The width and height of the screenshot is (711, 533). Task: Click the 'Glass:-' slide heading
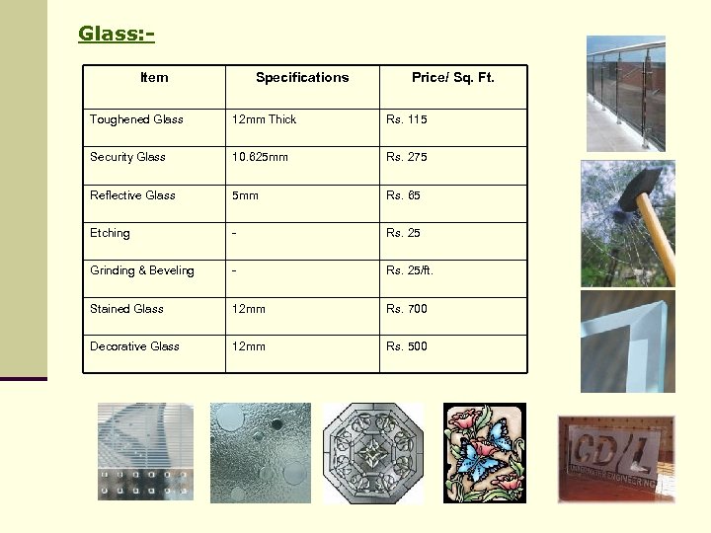[x=117, y=35]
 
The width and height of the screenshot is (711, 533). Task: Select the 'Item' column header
[x=154, y=78]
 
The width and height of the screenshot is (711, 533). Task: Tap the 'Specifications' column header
[x=302, y=78]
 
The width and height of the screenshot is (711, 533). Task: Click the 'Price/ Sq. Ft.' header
[x=453, y=78]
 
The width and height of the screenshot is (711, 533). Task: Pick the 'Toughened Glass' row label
[x=136, y=119]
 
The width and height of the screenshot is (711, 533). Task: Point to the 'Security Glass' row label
[x=127, y=157]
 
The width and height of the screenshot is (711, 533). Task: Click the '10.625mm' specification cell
[x=260, y=157]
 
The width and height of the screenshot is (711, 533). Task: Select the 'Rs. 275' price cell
[x=407, y=157]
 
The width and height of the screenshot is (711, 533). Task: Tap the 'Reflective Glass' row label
[x=132, y=195]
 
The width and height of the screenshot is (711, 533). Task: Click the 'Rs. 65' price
[x=403, y=195]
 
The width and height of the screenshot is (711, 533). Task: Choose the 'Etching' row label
[x=110, y=233]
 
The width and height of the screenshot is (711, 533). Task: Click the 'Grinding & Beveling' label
[x=142, y=270]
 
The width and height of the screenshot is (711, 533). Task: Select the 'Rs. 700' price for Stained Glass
[x=407, y=309]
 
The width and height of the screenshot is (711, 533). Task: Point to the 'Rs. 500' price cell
[x=407, y=346]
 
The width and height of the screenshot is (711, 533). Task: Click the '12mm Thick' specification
[x=264, y=119]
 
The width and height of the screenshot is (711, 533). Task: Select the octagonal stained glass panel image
[x=373, y=453]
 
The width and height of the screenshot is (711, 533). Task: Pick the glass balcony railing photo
[x=625, y=94]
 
